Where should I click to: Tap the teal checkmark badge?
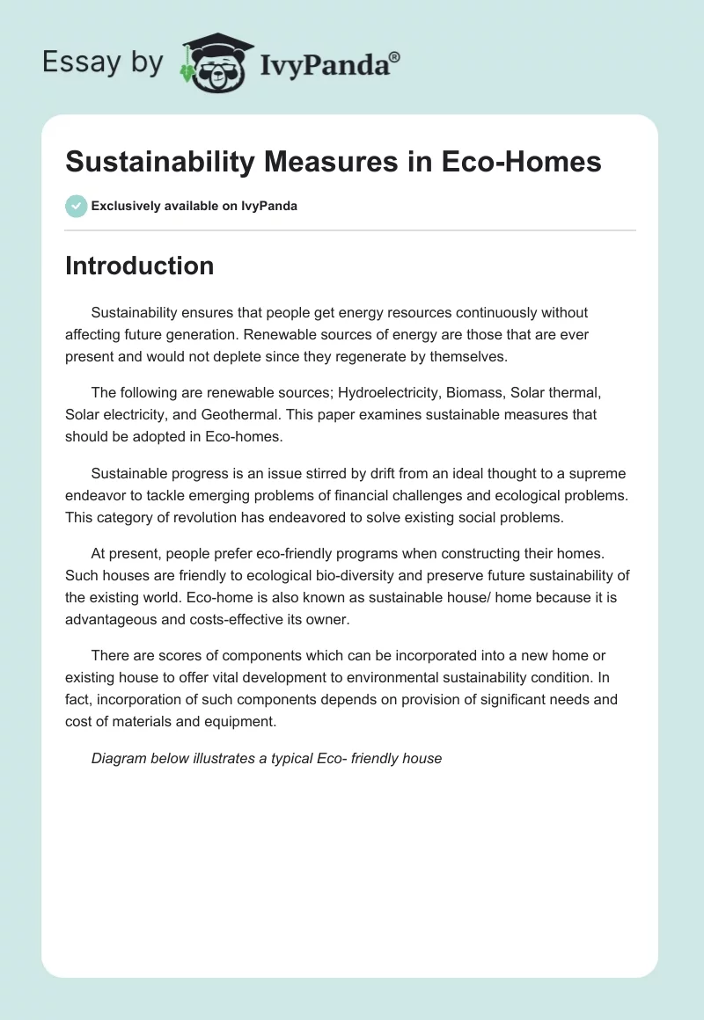[x=76, y=206]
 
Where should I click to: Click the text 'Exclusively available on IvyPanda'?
[x=194, y=207]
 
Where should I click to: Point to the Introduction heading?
[x=139, y=266]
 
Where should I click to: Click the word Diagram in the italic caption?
[x=119, y=757]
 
